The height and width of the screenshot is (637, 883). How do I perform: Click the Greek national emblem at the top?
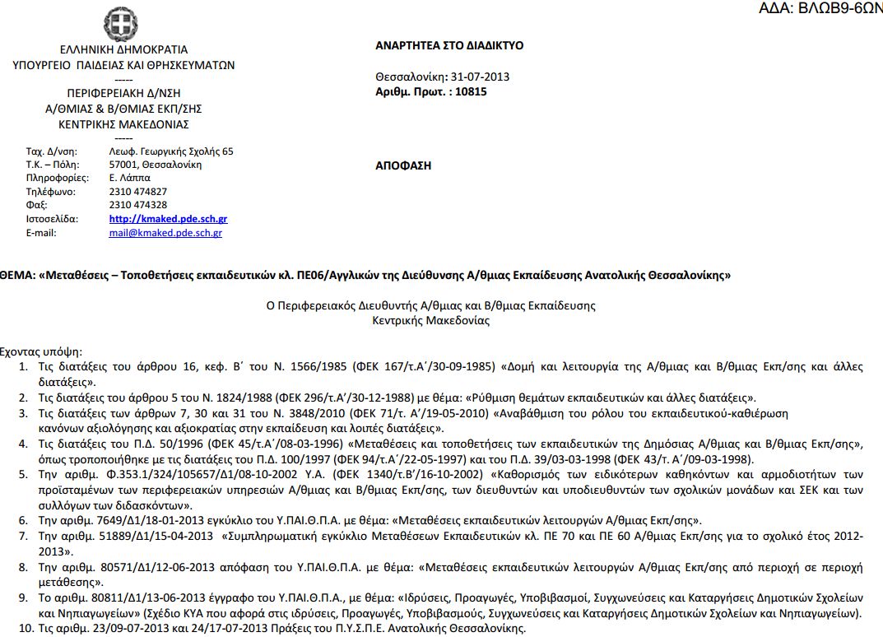point(121,23)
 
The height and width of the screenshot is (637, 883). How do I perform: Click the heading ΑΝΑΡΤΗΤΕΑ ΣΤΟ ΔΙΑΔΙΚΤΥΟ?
point(448,46)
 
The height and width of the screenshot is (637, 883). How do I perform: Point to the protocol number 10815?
point(472,92)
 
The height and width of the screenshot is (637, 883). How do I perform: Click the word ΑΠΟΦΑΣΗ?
point(402,165)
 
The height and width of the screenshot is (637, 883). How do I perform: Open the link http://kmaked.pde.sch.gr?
point(168,219)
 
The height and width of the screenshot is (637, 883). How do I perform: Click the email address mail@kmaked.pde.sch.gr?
point(165,233)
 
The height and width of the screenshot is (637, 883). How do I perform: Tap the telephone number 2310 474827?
point(137,192)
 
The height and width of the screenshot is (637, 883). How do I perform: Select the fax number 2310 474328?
point(137,205)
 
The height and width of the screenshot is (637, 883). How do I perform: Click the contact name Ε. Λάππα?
point(129,178)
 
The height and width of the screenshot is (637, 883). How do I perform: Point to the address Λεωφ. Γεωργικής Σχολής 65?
point(170,151)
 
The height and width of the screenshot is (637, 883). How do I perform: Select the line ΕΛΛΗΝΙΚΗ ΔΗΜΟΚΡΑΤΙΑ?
point(123,49)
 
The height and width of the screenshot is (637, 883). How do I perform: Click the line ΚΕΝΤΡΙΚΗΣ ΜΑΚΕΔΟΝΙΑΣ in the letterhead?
point(123,124)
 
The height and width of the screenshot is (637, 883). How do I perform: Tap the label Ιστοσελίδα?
point(52,219)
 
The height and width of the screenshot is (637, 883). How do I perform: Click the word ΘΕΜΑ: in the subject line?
point(16,275)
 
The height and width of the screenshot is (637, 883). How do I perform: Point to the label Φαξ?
point(37,205)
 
